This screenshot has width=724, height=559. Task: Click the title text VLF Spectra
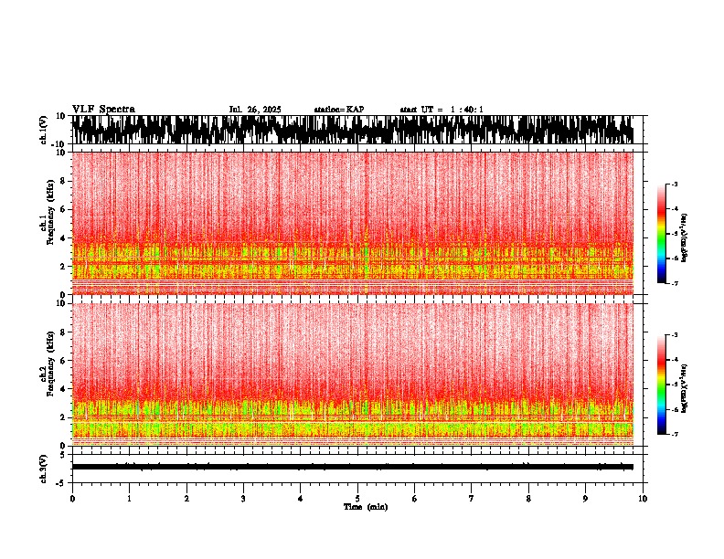(103, 110)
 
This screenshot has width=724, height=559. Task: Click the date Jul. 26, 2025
(254, 110)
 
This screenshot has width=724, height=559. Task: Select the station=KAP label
(338, 110)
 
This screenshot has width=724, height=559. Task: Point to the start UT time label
(442, 110)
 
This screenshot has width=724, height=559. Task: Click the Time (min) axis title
(365, 507)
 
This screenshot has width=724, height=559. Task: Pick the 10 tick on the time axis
(643, 499)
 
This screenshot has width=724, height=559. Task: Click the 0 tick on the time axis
(72, 499)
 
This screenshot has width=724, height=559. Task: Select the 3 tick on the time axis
(243, 499)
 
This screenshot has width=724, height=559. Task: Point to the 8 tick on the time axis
(528, 499)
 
